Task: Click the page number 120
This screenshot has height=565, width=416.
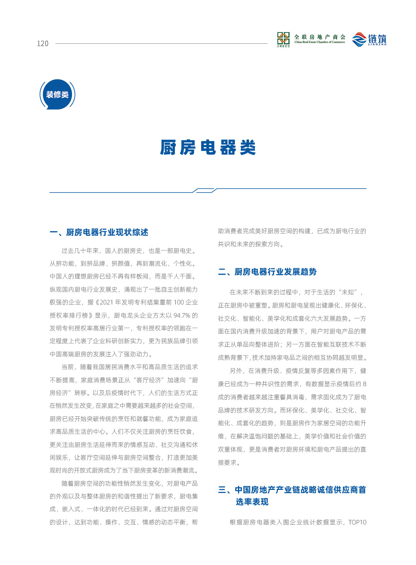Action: pyautogui.click(x=43, y=43)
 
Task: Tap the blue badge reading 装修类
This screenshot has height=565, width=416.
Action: pyautogui.click(x=57, y=94)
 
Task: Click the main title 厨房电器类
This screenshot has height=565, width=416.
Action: pyautogui.click(x=208, y=148)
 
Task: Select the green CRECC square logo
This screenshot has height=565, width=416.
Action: pyautogui.click(x=283, y=39)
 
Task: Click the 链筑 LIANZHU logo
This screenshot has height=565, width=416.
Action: pyautogui.click(x=370, y=39)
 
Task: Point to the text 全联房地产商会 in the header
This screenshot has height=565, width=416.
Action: pyautogui.click(x=320, y=37)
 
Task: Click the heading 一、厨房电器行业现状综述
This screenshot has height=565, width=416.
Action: pyautogui.click(x=99, y=232)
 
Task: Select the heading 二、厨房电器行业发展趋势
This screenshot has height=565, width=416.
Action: pyautogui.click(x=267, y=272)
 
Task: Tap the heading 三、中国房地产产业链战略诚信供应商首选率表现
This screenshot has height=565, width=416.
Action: pyautogui.click(x=292, y=496)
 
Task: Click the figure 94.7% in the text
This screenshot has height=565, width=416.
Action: pyautogui.click(x=182, y=315)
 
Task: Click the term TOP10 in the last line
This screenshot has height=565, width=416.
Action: pyautogui.click(x=357, y=522)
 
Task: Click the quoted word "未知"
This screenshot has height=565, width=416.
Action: pyautogui.click(x=348, y=292)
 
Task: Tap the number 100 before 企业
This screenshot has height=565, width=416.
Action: pyautogui.click(x=179, y=302)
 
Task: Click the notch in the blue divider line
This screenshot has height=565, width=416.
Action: pyautogui.click(x=204, y=190)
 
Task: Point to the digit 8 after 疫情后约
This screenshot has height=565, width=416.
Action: pyautogui.click(x=364, y=384)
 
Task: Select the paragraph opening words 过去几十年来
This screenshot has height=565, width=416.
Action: pyautogui.click(x=80, y=251)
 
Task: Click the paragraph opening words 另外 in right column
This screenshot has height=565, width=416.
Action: pyautogui.click(x=236, y=371)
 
